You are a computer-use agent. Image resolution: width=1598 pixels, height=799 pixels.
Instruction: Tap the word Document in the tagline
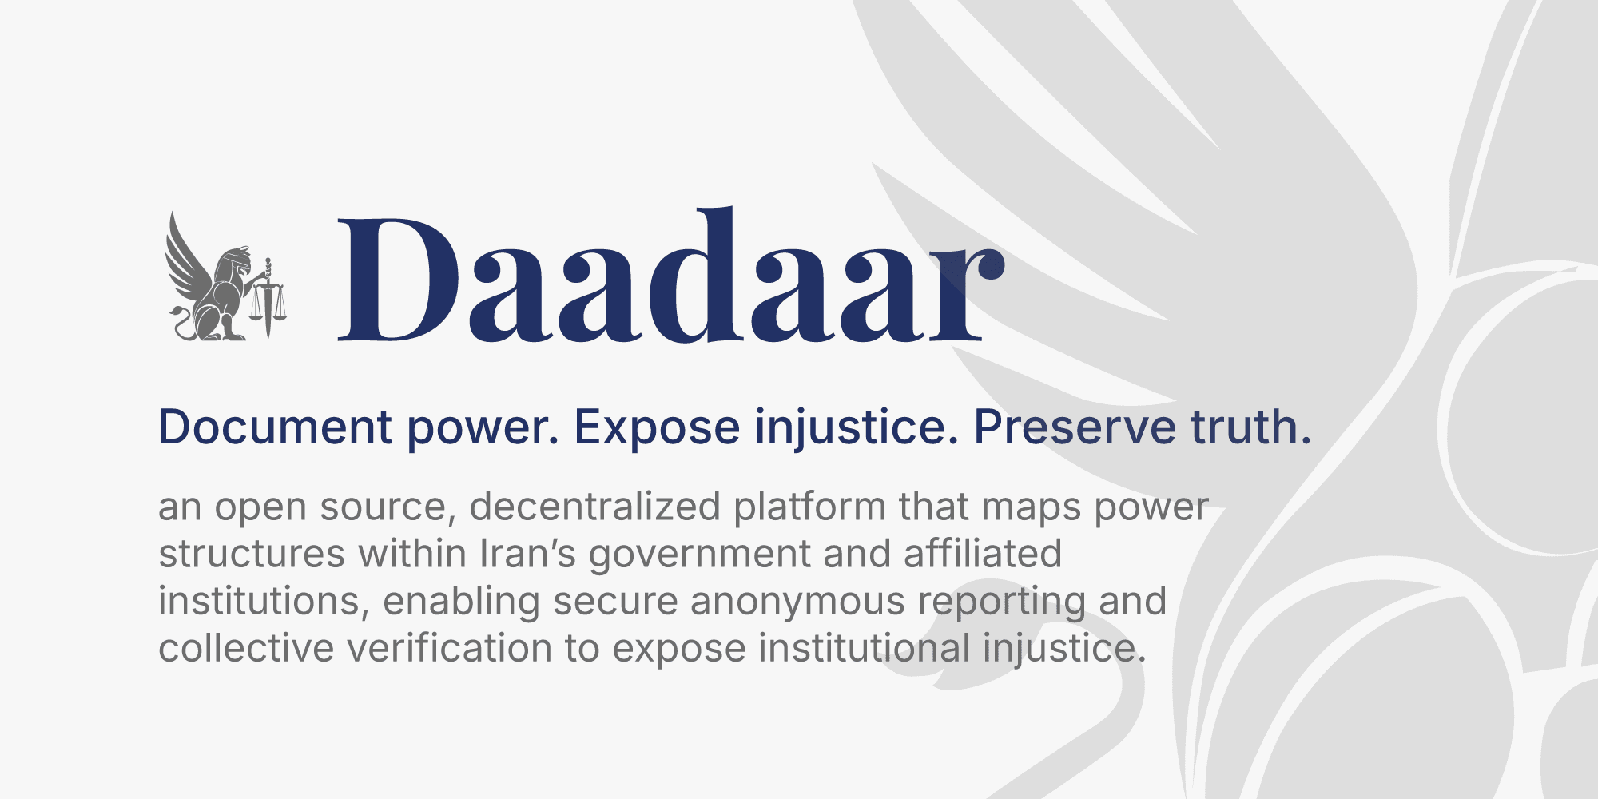(275, 427)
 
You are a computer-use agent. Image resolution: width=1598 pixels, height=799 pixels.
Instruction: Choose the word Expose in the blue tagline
(657, 427)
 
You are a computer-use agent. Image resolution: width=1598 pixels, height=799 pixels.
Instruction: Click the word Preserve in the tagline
(1074, 427)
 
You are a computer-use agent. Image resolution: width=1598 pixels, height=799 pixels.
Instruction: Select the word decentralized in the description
(594, 507)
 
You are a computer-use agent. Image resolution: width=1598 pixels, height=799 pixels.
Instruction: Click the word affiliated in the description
(982, 554)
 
